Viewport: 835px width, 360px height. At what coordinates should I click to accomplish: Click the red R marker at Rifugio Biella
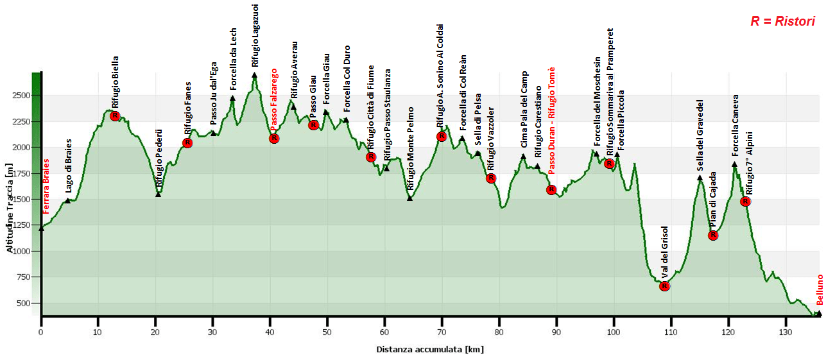pyautogui.click(x=115, y=116)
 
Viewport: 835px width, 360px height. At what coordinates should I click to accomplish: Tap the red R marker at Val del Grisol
pyautogui.click(x=664, y=286)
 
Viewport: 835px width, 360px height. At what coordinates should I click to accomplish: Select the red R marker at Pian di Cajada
pyautogui.click(x=712, y=236)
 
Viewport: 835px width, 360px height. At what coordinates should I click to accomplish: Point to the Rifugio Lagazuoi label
pyautogui.click(x=255, y=35)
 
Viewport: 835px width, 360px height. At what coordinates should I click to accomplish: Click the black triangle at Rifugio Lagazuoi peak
pyautogui.click(x=255, y=75)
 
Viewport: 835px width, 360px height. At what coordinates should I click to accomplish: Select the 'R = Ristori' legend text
pyautogui.click(x=782, y=21)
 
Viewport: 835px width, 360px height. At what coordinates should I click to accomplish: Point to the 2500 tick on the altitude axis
pyautogui.click(x=21, y=96)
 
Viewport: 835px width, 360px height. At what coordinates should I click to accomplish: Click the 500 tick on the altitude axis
pyautogui.click(x=24, y=303)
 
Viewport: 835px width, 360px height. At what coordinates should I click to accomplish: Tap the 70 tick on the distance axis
pyautogui.click(x=442, y=332)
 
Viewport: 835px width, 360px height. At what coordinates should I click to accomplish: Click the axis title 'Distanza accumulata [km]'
pyautogui.click(x=429, y=350)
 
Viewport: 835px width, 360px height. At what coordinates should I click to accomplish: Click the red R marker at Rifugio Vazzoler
pyautogui.click(x=491, y=178)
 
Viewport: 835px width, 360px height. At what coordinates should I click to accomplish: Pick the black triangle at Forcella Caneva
pyautogui.click(x=735, y=164)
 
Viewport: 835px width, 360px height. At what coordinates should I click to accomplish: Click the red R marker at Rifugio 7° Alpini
pyautogui.click(x=745, y=201)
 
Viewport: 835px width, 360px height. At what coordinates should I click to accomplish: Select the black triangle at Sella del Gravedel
pyautogui.click(x=700, y=178)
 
